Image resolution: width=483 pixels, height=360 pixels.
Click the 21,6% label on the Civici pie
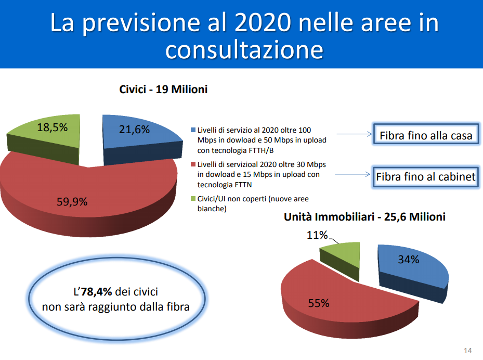point(134,129)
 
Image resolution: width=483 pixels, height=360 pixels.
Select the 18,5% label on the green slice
point(53,127)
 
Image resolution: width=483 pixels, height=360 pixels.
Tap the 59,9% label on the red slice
point(72,201)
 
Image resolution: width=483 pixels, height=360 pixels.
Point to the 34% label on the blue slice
point(409,259)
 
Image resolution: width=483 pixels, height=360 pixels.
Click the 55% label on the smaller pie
point(319,303)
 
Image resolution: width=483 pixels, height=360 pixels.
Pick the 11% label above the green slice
point(317,235)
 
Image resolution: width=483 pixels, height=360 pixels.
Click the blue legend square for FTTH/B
point(193,130)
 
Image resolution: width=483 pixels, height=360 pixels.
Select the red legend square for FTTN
point(193,164)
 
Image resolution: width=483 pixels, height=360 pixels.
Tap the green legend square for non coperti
point(193,199)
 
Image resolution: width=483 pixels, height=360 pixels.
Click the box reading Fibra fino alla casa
point(426,134)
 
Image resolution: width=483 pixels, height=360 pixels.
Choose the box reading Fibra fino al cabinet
point(425,177)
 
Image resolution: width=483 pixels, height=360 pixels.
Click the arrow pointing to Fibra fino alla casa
point(354,134)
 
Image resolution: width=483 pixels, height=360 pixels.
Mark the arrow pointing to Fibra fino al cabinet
point(353,174)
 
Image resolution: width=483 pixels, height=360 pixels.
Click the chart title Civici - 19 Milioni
point(163,89)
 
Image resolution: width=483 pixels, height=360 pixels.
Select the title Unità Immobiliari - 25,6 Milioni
point(364,217)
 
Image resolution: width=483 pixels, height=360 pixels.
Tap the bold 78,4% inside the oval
point(96,291)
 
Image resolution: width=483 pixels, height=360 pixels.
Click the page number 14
point(467,351)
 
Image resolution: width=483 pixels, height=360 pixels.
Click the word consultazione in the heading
point(244,49)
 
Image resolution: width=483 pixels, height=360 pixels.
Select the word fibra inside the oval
point(178,307)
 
